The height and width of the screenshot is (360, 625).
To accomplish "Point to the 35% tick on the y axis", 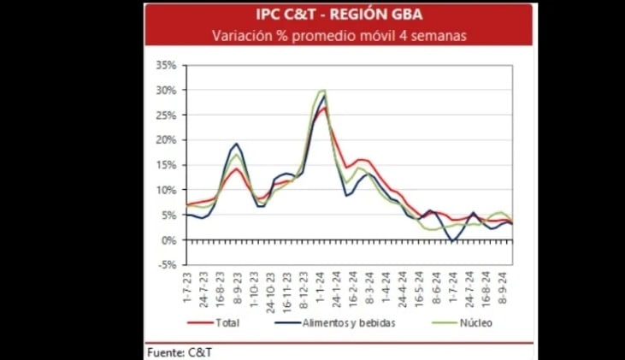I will [166, 65].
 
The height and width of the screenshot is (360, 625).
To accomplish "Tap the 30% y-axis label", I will [166, 90].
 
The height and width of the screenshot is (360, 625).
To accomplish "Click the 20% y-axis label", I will [166, 140].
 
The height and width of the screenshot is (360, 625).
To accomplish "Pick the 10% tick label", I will [166, 190].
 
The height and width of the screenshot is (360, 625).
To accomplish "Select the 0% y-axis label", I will [168, 240].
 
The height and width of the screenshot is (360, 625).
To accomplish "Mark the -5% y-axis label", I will [167, 265].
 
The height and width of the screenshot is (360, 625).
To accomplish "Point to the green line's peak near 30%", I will [322, 91].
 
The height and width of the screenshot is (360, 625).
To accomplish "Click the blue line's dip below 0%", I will [452, 242].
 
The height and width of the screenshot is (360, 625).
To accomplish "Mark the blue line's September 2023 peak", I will [236, 144].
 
